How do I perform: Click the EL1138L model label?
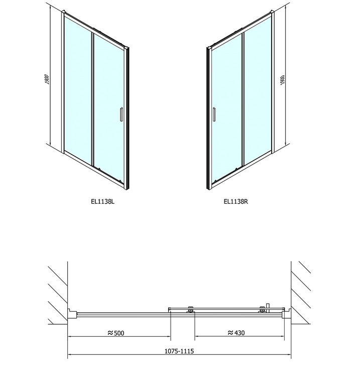pos(102,201)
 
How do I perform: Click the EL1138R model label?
pos(236,201)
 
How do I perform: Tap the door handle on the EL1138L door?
pos(121,114)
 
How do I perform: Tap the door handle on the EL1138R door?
pos(214,114)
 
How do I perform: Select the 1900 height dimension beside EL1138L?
pos(47,79)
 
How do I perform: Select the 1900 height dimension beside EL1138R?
pos(283,80)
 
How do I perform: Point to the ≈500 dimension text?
pos(116,333)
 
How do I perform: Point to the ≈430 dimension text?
pos(236,333)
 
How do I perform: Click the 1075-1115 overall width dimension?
pos(179,351)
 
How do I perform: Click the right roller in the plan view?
pos(262,310)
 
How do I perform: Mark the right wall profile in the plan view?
pos(286,314)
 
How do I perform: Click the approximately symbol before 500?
pos(110,333)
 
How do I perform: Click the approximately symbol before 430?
pos(230,332)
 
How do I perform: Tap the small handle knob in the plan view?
pos(268,308)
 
